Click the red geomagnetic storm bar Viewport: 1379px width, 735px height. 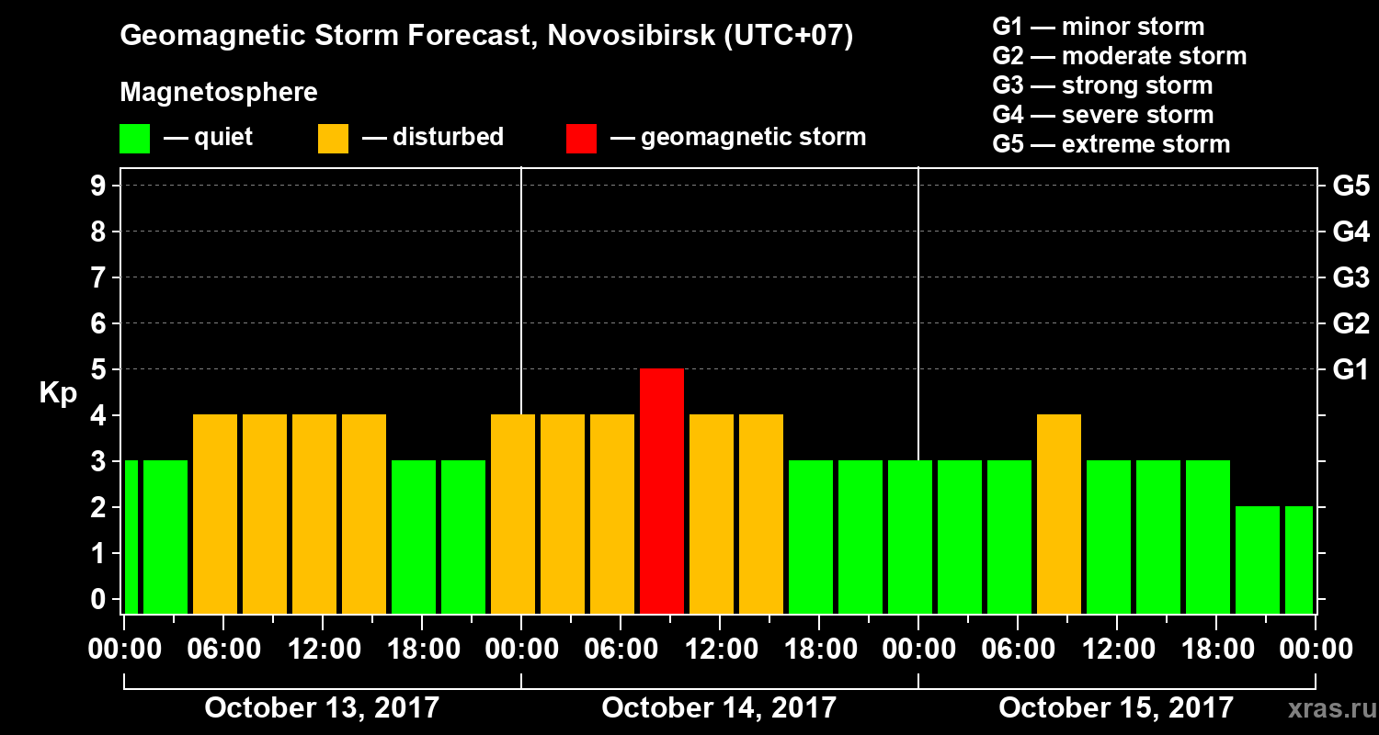pos(662,491)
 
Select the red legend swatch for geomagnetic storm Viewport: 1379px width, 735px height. pos(581,138)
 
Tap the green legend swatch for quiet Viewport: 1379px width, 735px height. pos(134,138)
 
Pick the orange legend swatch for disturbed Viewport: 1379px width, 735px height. pos(333,138)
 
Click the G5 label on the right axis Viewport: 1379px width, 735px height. pos(1351,186)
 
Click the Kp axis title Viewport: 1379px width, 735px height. pos(58,393)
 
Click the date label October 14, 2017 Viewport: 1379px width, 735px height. pos(719,708)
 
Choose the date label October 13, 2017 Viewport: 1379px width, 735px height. pos(322,708)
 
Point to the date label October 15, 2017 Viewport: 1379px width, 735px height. pos(1116,708)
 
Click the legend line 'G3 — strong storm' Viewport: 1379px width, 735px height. pos(1102,85)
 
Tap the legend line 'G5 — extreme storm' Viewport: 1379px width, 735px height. pos(1111,144)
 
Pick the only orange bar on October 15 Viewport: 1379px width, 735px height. pos(1059,514)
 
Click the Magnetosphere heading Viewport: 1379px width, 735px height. pos(219,93)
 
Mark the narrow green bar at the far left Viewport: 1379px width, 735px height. pos(131,537)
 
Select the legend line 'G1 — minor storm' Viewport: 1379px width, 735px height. pos(1098,27)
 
